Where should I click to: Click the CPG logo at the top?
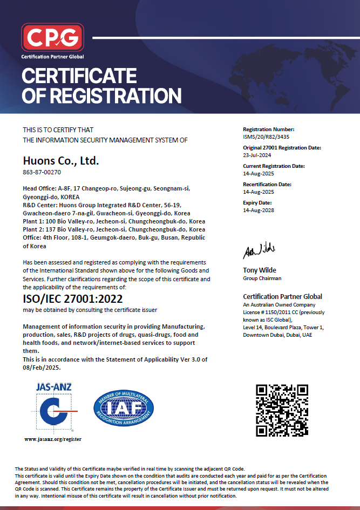click(52, 37)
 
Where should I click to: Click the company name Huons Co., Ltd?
click(61, 160)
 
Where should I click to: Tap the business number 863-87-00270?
click(42, 173)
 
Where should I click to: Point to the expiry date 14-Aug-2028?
click(259, 210)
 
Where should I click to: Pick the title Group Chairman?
click(262, 278)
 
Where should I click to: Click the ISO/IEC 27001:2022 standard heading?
click(73, 298)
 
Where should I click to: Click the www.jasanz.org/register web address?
click(53, 439)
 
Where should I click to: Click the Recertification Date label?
click(267, 185)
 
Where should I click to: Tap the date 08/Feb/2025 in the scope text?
click(42, 367)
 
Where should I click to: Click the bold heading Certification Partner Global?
click(283, 296)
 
